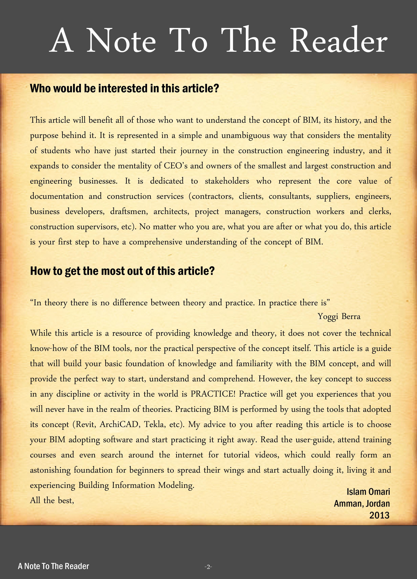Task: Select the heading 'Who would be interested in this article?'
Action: (x=124, y=89)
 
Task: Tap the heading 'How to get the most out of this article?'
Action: (x=122, y=271)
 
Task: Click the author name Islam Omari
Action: (x=368, y=492)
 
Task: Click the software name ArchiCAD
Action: (x=120, y=424)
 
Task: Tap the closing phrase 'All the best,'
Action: (x=52, y=500)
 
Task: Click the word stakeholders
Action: (x=227, y=181)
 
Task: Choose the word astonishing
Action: (x=50, y=470)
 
